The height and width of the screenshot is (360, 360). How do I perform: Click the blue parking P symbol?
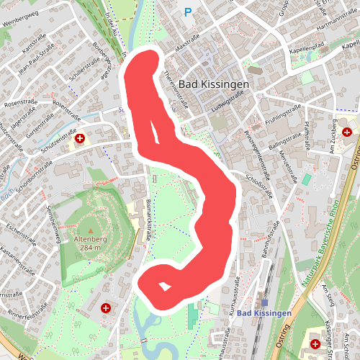189,12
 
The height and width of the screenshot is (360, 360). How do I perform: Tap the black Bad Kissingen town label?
214,84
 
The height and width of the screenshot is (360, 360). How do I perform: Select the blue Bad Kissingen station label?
264,313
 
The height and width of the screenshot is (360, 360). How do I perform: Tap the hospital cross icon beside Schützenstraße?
81,138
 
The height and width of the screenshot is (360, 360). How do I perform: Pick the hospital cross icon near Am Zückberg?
347,132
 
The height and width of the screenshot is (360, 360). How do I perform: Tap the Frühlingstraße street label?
280,117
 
